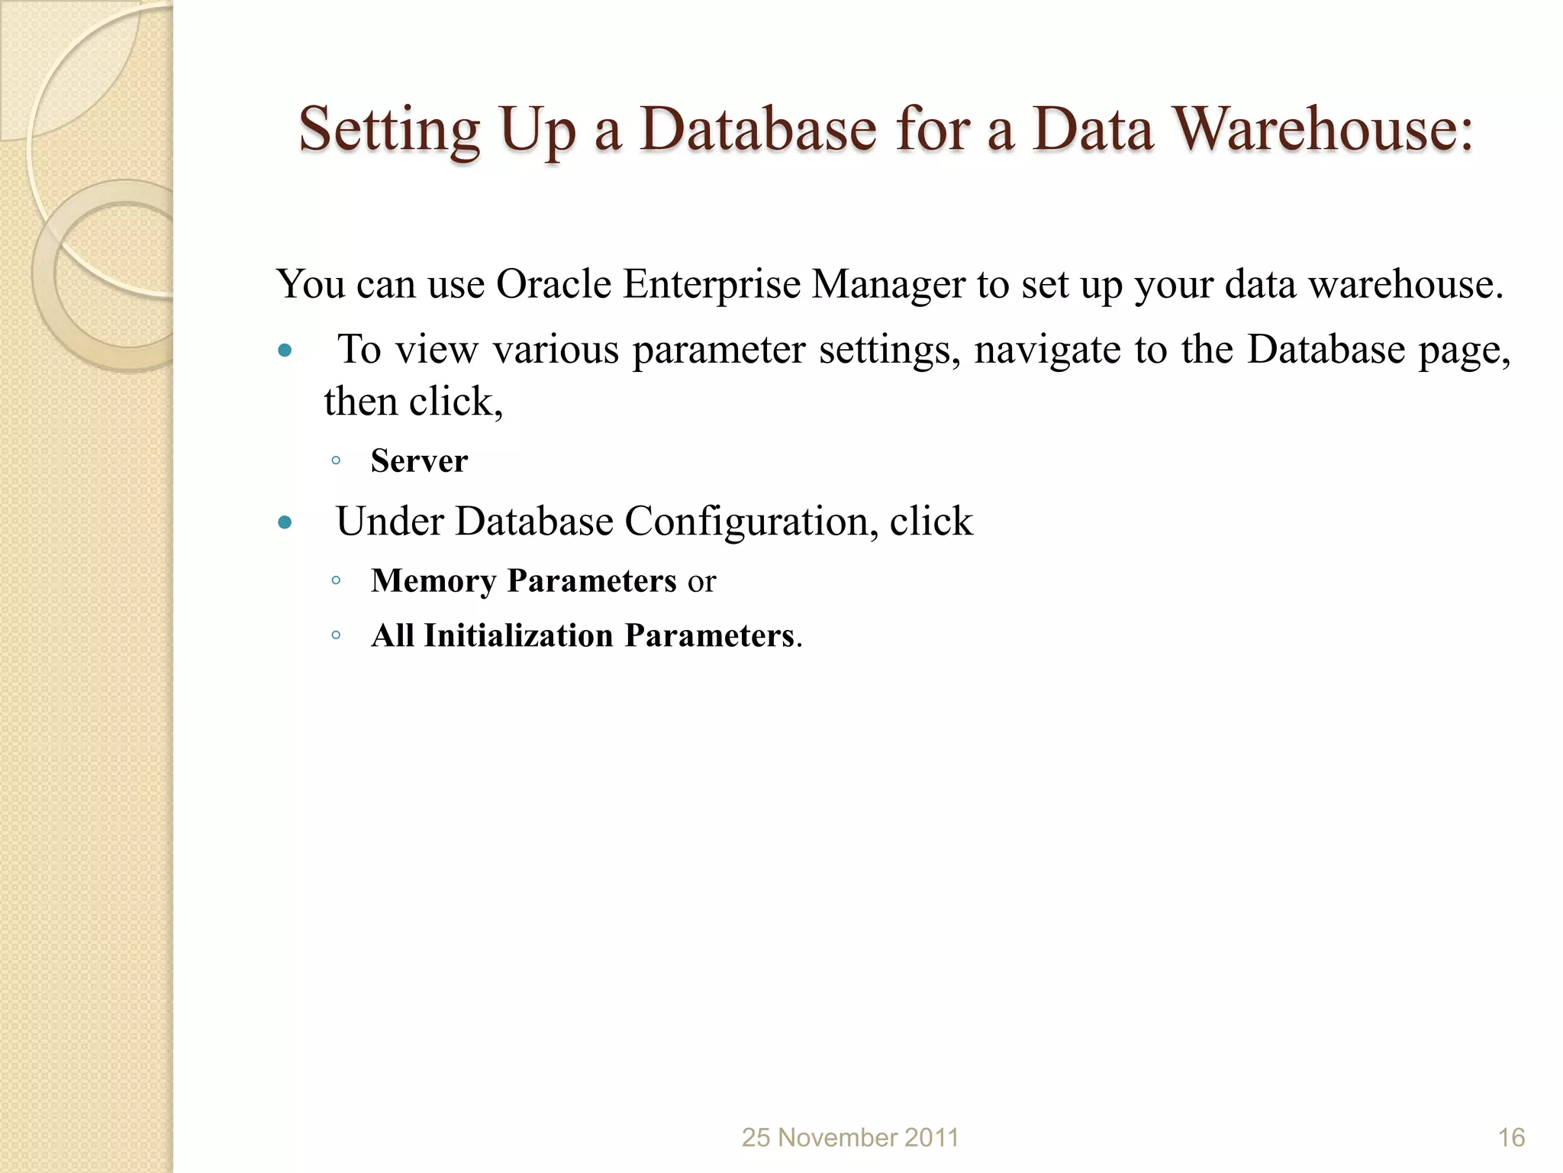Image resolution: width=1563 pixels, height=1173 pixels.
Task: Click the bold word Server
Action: click(x=419, y=461)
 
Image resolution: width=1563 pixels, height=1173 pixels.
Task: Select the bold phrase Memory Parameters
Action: click(x=524, y=581)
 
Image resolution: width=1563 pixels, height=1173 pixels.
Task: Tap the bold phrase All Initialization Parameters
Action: click(x=583, y=636)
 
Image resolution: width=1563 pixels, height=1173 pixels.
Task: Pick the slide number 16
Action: click(x=1511, y=1138)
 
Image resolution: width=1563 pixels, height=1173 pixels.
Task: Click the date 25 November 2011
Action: click(x=850, y=1138)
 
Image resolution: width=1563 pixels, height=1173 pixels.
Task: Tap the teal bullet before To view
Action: click(x=285, y=351)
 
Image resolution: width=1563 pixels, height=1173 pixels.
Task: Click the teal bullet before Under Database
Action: click(x=285, y=523)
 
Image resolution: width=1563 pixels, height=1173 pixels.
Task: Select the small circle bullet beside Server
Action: click(x=336, y=460)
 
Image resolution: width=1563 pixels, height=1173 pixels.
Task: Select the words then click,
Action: click(x=413, y=402)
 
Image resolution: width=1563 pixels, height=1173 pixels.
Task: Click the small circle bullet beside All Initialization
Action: click(x=336, y=635)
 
